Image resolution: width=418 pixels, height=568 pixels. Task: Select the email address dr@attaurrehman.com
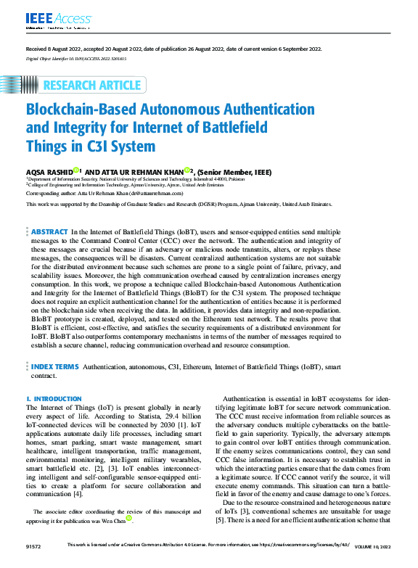click(157, 194)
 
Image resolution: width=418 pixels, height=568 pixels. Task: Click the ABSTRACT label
click(49, 231)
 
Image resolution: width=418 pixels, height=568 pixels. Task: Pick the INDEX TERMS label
click(54, 368)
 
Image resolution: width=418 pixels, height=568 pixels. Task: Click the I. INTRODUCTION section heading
click(54, 399)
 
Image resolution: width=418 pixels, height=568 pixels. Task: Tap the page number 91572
click(34, 563)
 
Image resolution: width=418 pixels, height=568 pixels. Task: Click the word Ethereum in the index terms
click(214, 368)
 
